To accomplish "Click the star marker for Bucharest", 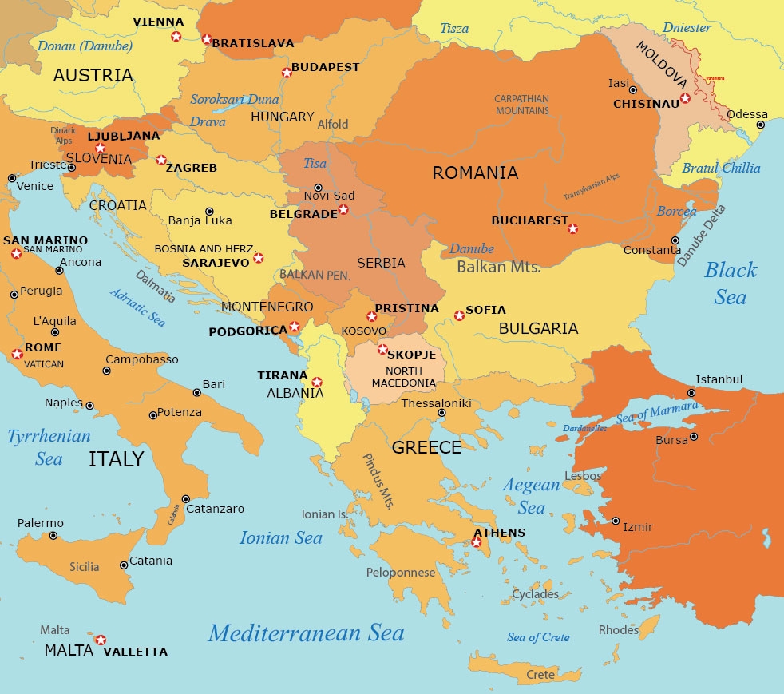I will (x=572, y=229).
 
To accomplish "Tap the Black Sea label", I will (x=730, y=283).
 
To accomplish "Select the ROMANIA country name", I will (x=475, y=173).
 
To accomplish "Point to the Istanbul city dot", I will (x=691, y=393).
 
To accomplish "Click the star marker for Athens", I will (x=477, y=543).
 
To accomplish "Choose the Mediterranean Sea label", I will (x=306, y=633).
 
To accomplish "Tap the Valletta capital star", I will (x=101, y=640).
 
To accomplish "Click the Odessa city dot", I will (x=760, y=125).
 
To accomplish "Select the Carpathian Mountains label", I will (x=521, y=105).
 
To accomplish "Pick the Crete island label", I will (x=540, y=675).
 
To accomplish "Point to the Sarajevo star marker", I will (x=258, y=258).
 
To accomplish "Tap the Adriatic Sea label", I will (x=138, y=307).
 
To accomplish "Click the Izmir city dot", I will (x=616, y=521).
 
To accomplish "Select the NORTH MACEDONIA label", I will (x=404, y=377).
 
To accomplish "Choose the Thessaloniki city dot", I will (x=441, y=413).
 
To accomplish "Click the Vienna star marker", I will (x=176, y=36).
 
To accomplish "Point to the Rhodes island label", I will (x=619, y=630).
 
